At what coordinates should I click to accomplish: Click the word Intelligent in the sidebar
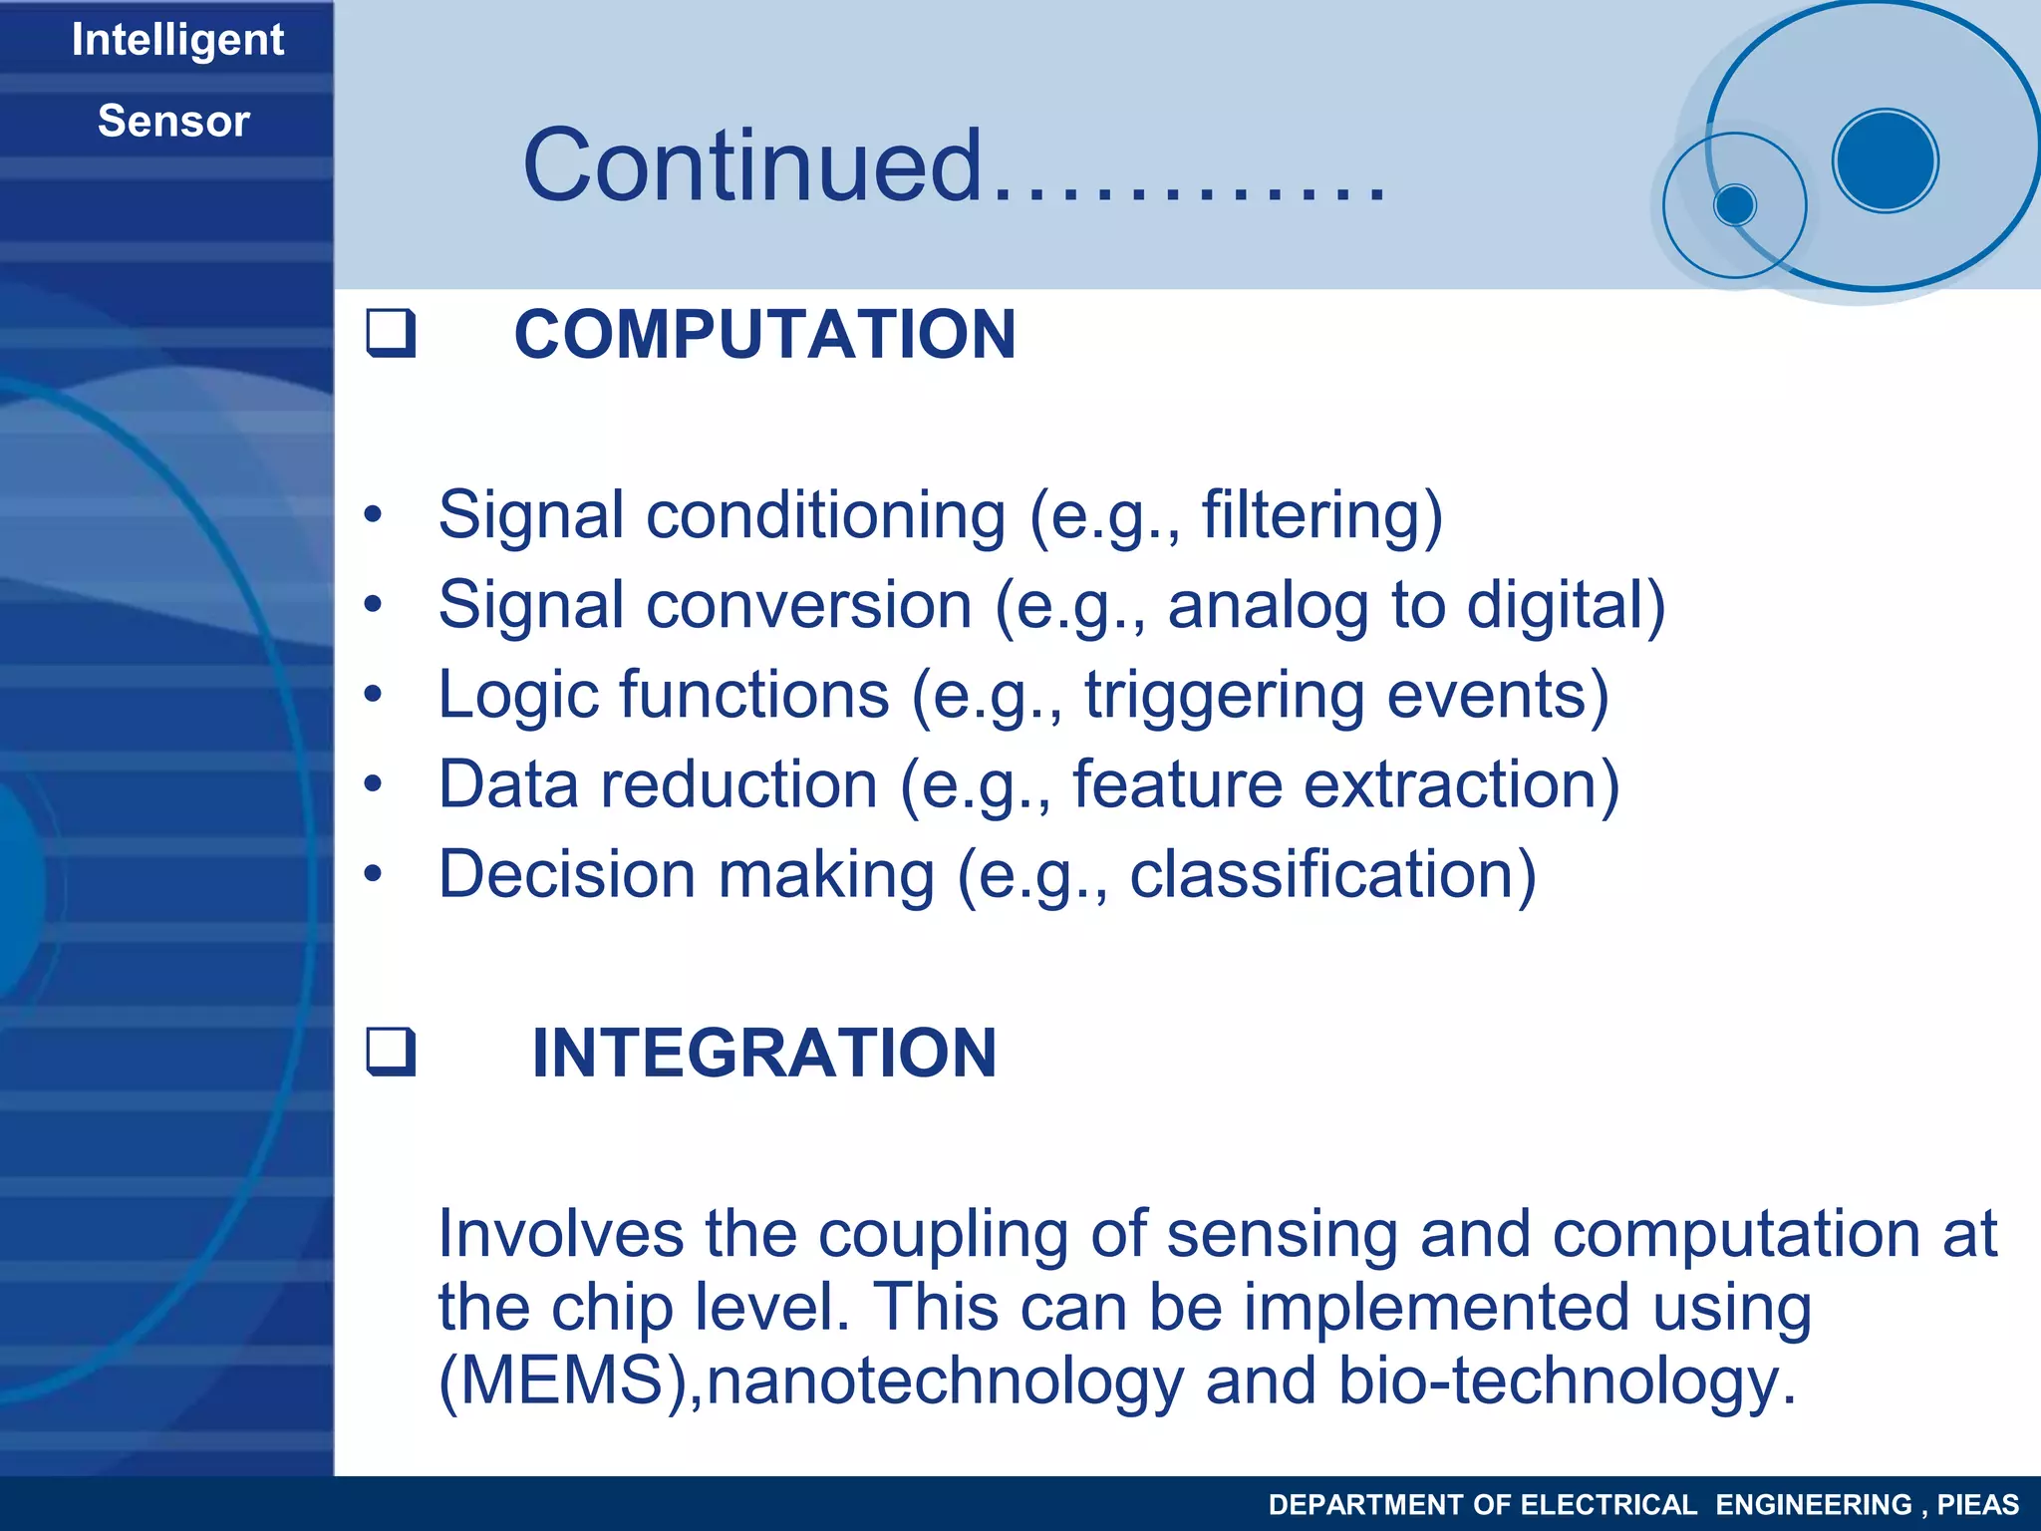177,41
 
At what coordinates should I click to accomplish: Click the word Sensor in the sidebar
173,122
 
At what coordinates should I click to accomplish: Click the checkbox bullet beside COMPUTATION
391,334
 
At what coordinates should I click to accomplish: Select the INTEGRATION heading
763,1053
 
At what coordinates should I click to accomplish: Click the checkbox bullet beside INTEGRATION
391,1053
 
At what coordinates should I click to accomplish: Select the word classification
1332,874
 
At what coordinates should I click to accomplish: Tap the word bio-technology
1567,1380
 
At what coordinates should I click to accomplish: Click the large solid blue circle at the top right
1885,160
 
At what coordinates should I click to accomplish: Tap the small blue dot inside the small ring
1735,205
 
